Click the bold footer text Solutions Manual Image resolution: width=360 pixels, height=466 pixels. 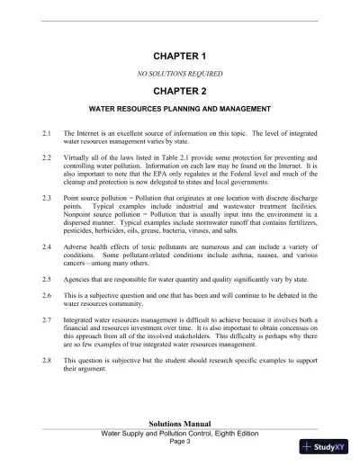pos(181,422)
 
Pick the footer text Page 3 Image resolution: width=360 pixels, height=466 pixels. pos(181,442)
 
